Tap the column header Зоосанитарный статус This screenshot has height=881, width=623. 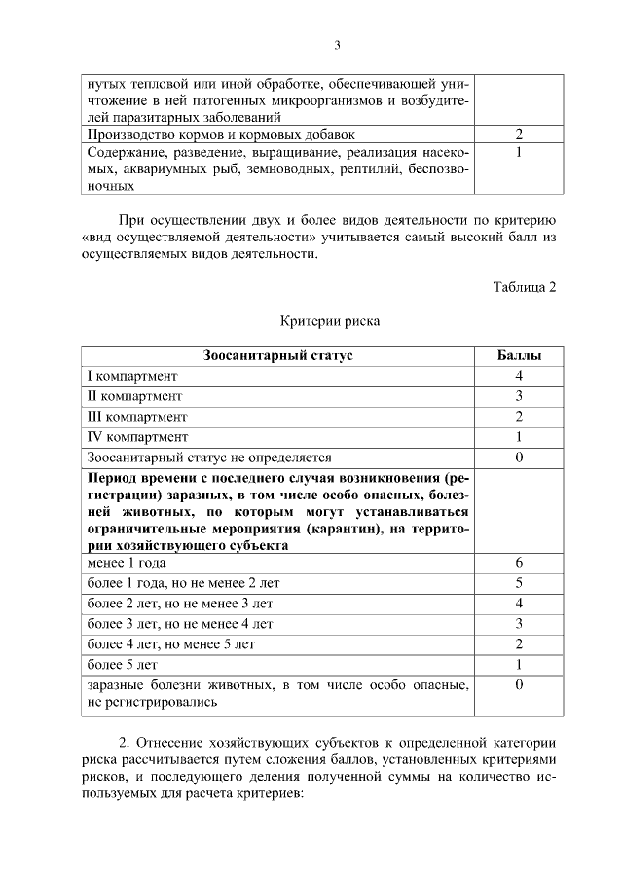(x=277, y=355)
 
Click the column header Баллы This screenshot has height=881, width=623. (x=519, y=355)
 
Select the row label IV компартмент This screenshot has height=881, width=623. (x=137, y=437)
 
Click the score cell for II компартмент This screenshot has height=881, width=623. (x=519, y=396)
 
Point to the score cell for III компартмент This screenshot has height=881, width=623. (x=519, y=417)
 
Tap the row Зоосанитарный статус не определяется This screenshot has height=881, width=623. (x=209, y=458)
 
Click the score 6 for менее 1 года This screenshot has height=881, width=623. (x=519, y=563)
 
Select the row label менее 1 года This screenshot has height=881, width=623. (x=127, y=563)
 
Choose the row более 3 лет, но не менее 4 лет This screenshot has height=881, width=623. (x=180, y=623)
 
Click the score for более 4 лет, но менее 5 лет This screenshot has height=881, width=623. (x=519, y=643)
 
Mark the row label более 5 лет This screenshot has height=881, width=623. (x=122, y=665)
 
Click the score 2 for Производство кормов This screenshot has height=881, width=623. (x=519, y=134)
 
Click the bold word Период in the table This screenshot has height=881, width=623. (x=115, y=478)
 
